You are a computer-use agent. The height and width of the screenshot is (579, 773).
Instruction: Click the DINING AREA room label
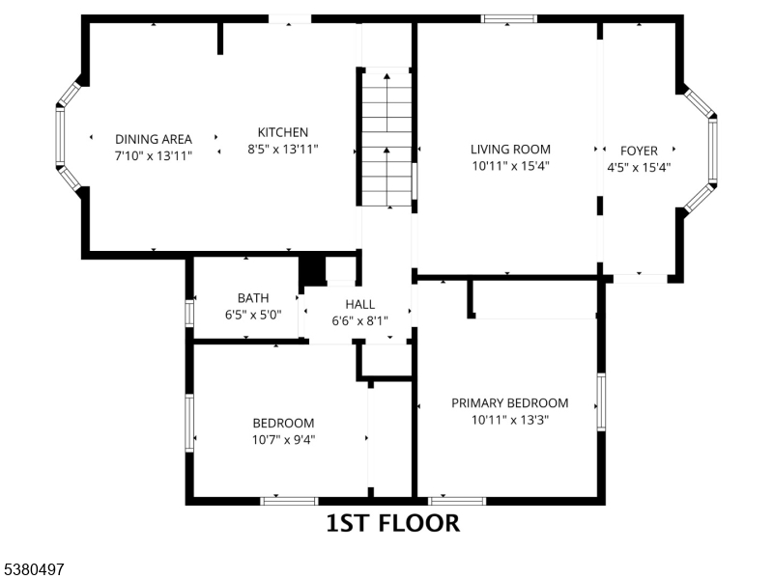tap(154, 139)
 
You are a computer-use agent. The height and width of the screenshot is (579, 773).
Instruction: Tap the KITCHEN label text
tap(283, 132)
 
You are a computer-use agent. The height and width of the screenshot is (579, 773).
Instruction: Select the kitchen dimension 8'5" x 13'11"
tap(283, 150)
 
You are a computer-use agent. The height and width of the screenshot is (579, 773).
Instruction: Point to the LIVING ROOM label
tap(510, 150)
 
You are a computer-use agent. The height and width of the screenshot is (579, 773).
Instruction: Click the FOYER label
tap(639, 151)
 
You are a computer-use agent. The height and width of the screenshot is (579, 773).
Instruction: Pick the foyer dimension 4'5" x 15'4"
tap(639, 167)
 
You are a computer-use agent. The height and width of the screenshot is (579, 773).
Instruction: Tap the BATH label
tap(253, 298)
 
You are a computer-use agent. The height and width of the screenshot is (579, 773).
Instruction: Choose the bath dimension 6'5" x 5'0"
tap(253, 315)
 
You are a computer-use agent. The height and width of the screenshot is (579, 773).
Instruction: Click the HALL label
tap(359, 304)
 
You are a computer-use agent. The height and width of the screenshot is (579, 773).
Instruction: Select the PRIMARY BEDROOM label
tap(510, 403)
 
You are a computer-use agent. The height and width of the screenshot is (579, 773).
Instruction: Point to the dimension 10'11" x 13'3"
tap(510, 420)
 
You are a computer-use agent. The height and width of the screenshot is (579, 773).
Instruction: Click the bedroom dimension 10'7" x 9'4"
tap(283, 440)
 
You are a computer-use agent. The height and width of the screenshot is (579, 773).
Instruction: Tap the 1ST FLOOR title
tap(393, 523)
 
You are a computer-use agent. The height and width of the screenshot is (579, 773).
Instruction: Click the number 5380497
tap(32, 569)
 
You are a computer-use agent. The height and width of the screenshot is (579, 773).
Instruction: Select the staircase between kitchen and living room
tap(387, 139)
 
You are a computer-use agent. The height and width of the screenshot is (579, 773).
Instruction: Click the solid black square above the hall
tap(313, 270)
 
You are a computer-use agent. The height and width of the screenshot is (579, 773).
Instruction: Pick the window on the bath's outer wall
tap(189, 313)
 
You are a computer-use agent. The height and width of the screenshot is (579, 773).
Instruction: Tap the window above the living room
tap(509, 18)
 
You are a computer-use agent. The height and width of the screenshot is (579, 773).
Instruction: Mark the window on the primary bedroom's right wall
tap(601, 402)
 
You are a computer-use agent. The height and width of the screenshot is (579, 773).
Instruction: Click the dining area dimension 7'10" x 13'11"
tap(154, 156)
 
